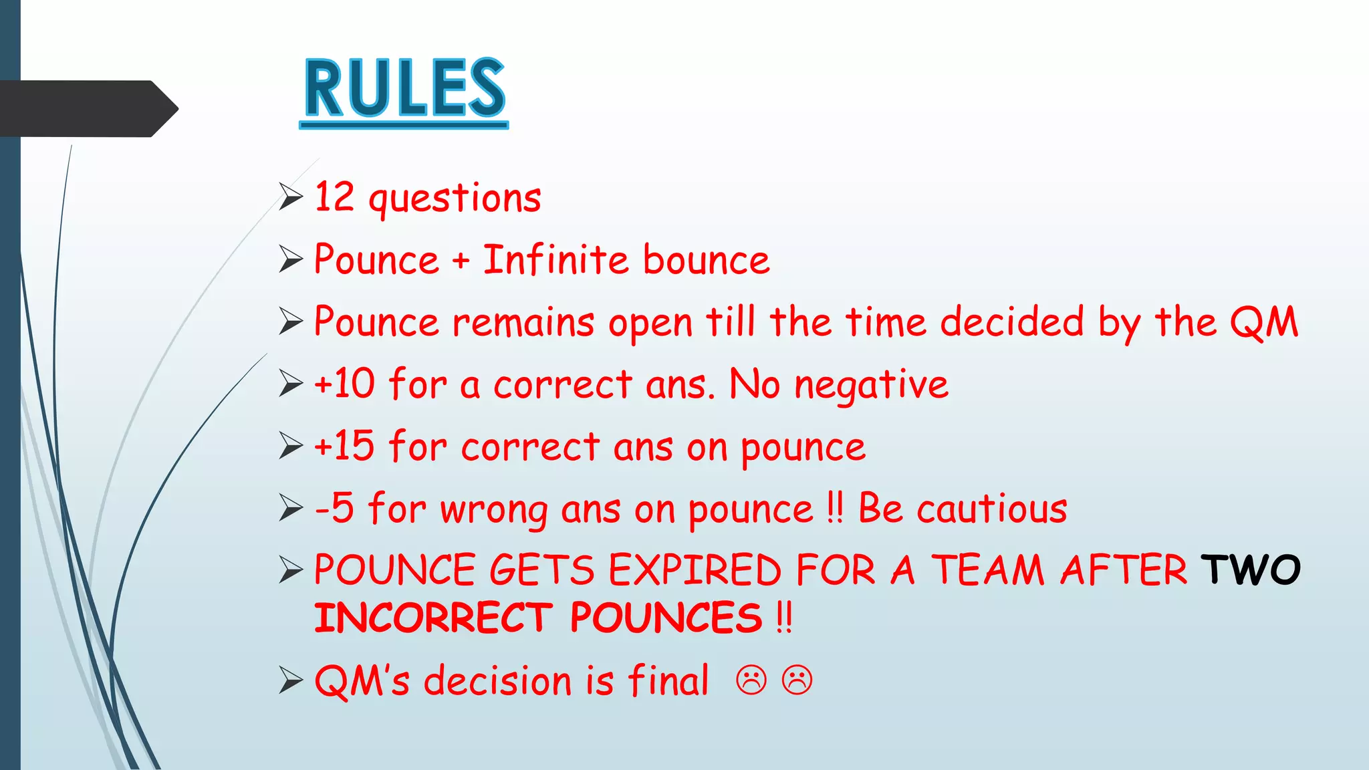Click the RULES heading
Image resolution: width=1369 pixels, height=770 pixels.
tap(404, 89)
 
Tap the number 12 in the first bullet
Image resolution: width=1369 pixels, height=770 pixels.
tap(334, 197)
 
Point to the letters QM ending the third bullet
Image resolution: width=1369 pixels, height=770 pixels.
tap(1263, 322)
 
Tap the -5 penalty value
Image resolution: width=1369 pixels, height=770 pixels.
tap(334, 508)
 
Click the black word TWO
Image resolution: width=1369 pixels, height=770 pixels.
tap(1250, 569)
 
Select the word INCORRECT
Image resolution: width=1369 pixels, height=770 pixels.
tap(433, 618)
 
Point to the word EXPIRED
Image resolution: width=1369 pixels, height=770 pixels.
tap(695, 570)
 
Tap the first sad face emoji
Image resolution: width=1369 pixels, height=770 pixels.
tap(751, 680)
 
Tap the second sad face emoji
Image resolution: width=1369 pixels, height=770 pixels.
tap(797, 680)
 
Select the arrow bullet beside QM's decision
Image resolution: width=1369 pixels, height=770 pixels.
tap(291, 680)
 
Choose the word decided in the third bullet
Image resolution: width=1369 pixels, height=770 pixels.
tap(1011, 322)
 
